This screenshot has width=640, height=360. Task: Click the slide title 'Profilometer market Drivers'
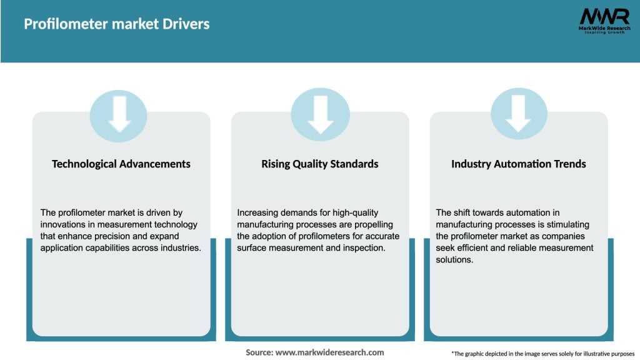116,24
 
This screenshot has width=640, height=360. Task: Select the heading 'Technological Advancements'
121,164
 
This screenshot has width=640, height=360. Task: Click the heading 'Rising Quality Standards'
320,164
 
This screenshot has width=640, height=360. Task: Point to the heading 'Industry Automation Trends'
519,164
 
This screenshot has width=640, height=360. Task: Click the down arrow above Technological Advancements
119,114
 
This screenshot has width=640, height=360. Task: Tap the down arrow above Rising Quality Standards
320,114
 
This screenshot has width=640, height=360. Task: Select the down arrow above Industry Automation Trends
519,114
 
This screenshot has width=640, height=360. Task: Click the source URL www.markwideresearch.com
330,352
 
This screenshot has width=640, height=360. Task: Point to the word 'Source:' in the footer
259,352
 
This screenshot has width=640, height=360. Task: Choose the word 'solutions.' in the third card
455,259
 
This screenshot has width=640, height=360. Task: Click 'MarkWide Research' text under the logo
604,28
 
